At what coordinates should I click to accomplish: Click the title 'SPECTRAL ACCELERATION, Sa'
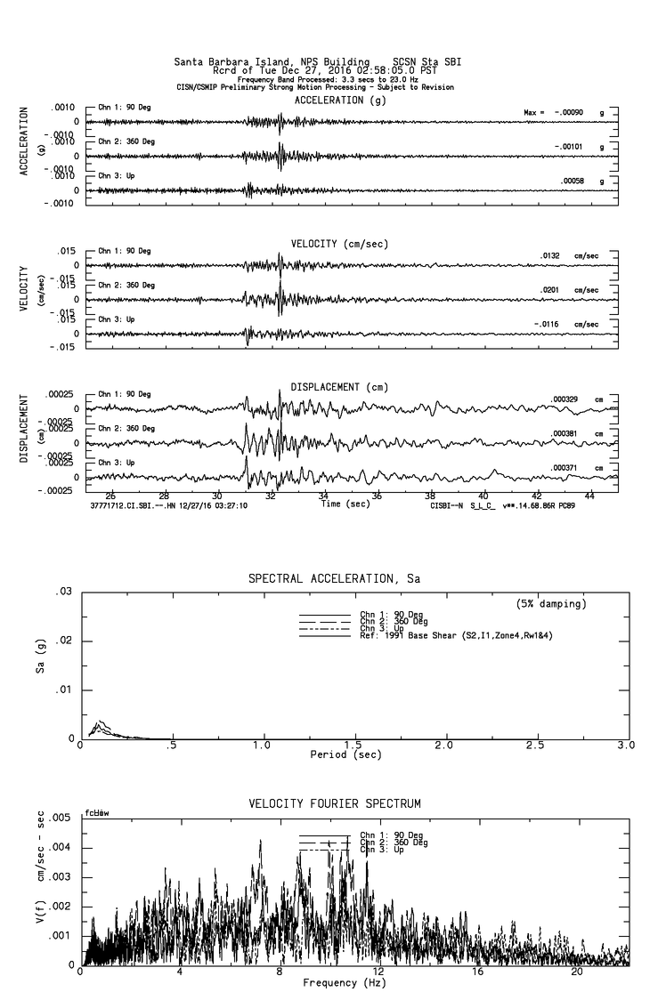click(x=334, y=579)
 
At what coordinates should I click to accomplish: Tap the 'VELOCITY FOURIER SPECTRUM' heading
click(x=334, y=804)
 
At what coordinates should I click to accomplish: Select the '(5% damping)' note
click(x=551, y=604)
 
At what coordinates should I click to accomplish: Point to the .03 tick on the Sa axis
click(x=63, y=593)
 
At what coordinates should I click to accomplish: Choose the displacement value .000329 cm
click(x=565, y=399)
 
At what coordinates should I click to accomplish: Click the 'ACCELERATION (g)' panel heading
click(x=335, y=101)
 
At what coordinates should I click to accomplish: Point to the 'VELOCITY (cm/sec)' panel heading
click(x=339, y=244)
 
